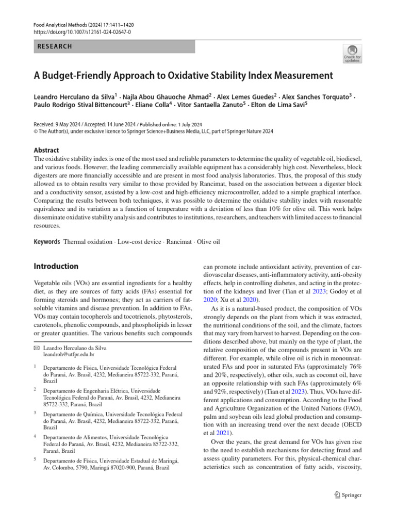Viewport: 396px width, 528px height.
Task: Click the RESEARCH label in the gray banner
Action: point(55,46)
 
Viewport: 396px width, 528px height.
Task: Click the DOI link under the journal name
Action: point(82,32)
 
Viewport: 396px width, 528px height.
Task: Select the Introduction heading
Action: point(56,267)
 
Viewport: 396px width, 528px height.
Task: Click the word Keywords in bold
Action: point(46,241)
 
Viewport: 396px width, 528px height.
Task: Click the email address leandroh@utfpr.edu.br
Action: point(69,355)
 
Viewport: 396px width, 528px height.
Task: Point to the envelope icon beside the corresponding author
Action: point(37,348)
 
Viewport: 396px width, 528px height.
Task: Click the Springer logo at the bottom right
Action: point(347,495)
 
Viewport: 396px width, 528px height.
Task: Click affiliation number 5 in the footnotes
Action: point(35,460)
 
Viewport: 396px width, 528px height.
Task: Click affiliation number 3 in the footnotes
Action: point(35,413)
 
